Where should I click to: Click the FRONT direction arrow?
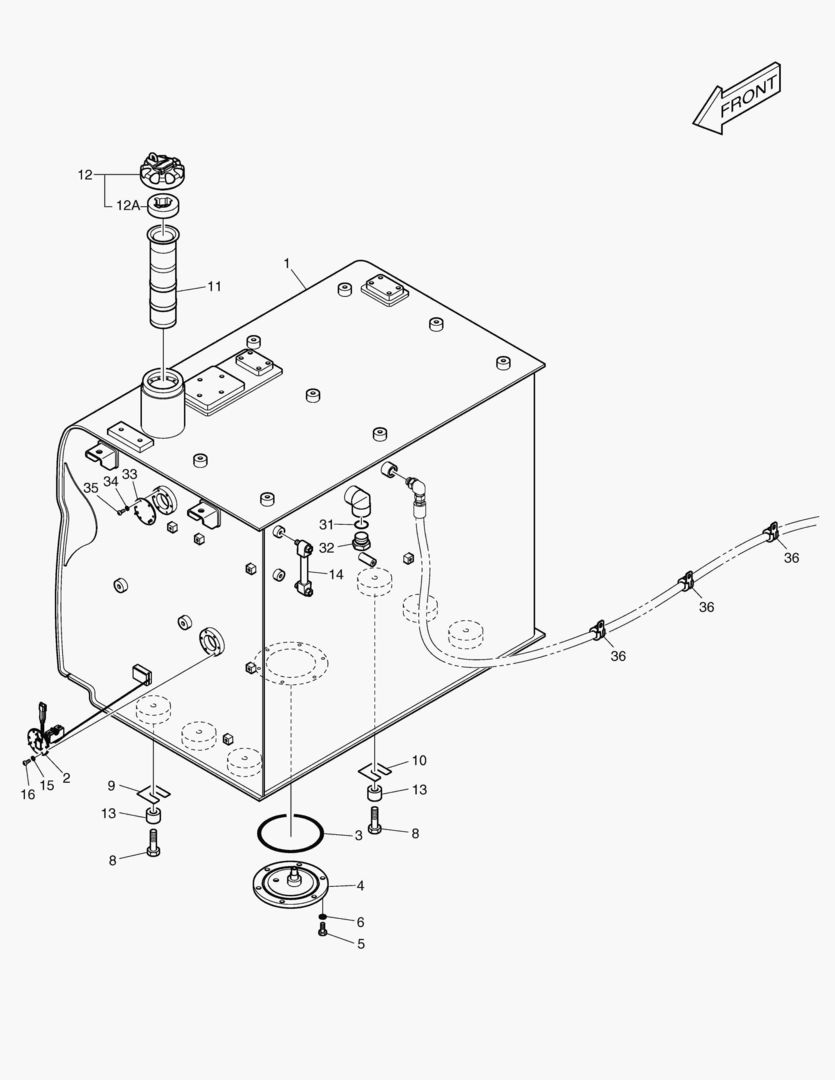click(x=738, y=98)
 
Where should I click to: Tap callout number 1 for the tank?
click(x=287, y=263)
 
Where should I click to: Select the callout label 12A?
click(x=128, y=205)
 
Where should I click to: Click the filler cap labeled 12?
click(x=163, y=173)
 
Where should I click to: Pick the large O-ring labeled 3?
click(x=290, y=829)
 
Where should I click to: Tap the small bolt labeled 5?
click(x=322, y=931)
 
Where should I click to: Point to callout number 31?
click(x=326, y=525)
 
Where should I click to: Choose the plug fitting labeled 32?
click(x=362, y=545)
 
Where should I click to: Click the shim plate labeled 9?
click(x=153, y=791)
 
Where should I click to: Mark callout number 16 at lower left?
click(x=28, y=793)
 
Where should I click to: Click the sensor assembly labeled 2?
click(x=40, y=738)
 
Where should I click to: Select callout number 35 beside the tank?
click(x=91, y=488)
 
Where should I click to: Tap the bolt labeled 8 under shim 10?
click(x=376, y=823)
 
